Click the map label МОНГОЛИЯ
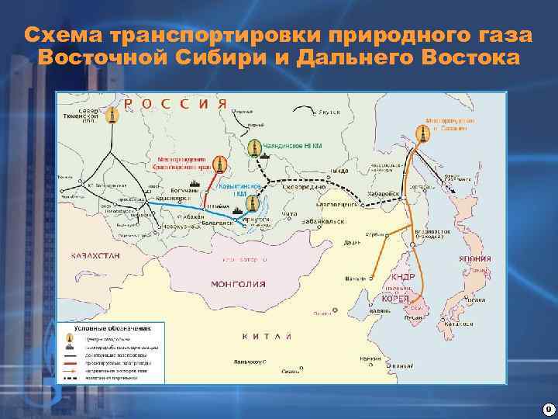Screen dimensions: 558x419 coord(238,284)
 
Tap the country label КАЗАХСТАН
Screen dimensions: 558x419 coord(91,255)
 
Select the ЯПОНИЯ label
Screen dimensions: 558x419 coord(474,260)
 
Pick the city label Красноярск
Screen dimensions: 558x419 coord(175,199)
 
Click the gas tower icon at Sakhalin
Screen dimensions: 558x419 coord(422,134)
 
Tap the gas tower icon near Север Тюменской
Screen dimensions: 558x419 coord(113,116)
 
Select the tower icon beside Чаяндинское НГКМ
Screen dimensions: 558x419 coord(254,148)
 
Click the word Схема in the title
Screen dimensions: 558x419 coord(64,36)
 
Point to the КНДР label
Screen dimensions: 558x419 coord(403,277)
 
